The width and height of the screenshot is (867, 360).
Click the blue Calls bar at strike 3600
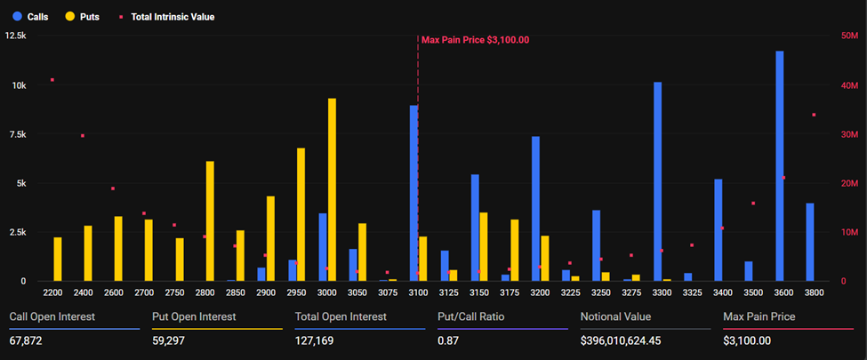pyautogui.click(x=779, y=166)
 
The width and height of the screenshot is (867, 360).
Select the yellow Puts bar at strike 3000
pyautogui.click(x=332, y=189)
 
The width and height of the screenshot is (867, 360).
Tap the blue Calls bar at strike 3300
pyautogui.click(x=657, y=181)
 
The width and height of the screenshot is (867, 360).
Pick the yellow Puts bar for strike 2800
pyautogui.click(x=210, y=221)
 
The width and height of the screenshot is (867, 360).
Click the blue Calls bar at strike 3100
pyautogui.click(x=413, y=193)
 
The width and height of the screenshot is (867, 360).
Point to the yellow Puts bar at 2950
pyautogui.click(x=301, y=214)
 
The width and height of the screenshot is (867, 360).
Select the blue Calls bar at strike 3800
pyautogui.click(x=809, y=242)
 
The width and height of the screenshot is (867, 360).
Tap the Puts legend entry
pyautogui.click(x=82, y=16)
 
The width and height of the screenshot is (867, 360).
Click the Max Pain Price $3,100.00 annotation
pyautogui.click(x=475, y=39)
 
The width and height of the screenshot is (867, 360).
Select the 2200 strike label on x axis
pyautogui.click(x=52, y=292)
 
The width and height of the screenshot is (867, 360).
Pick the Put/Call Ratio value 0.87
pyautogui.click(x=450, y=340)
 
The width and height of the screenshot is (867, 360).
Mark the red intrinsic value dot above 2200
pyautogui.click(x=52, y=80)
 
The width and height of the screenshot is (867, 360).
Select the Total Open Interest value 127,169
pyautogui.click(x=316, y=340)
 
